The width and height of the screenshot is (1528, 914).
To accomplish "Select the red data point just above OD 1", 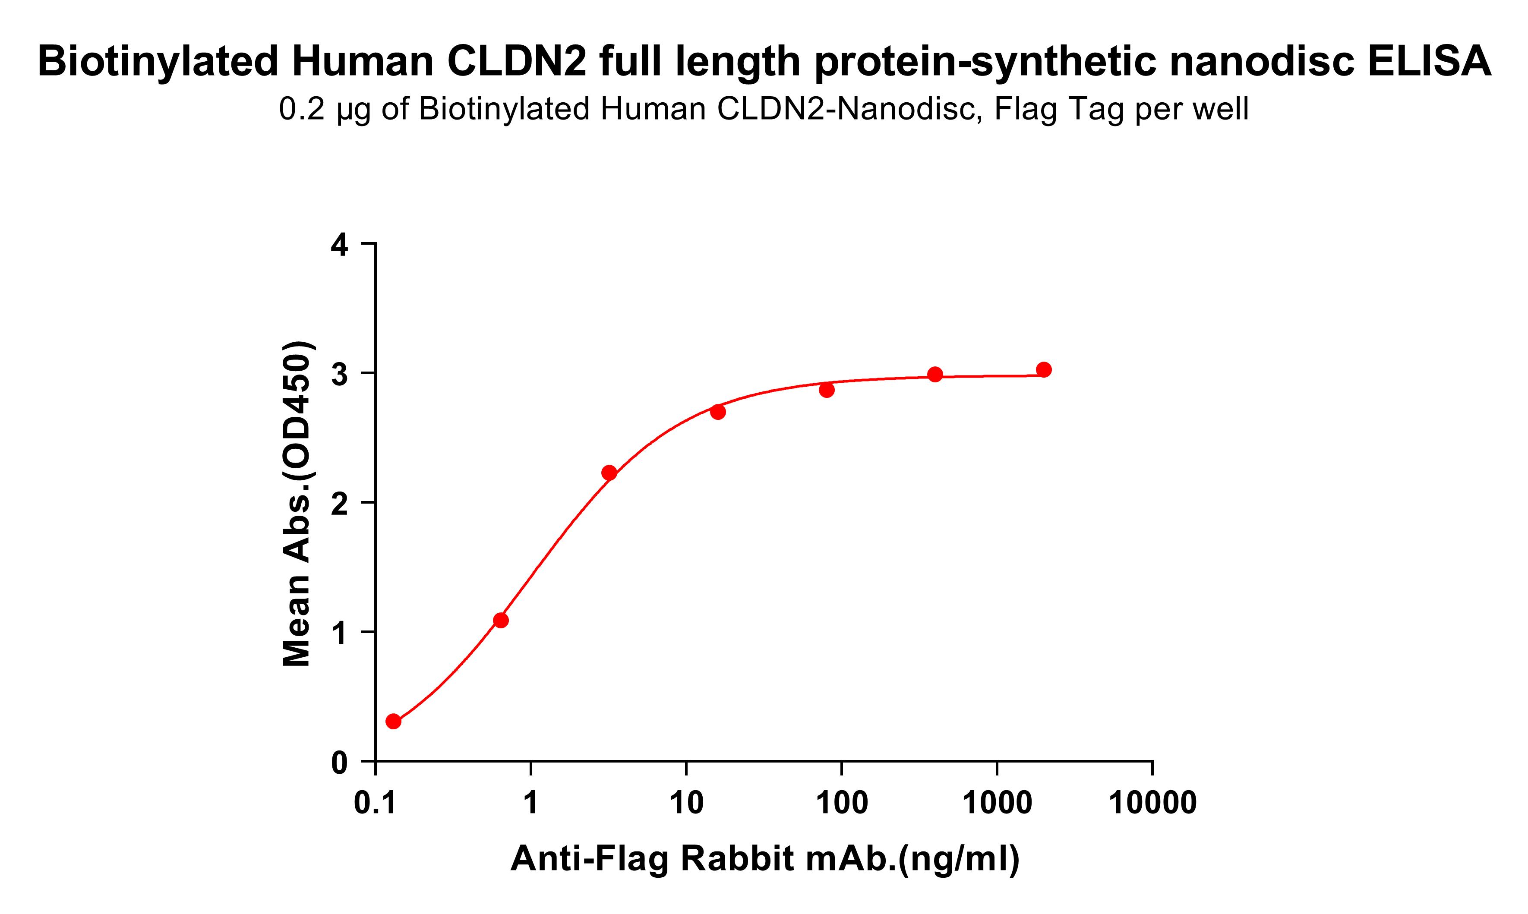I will (x=501, y=620).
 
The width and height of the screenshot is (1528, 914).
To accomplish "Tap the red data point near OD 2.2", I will (x=609, y=473).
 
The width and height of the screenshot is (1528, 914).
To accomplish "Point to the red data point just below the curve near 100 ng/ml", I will (x=827, y=390).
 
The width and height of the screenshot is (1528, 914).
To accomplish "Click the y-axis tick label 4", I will (x=339, y=245).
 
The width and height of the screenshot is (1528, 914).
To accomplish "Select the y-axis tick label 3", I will (x=339, y=375).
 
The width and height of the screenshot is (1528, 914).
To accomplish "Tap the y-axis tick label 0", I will (x=339, y=764).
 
